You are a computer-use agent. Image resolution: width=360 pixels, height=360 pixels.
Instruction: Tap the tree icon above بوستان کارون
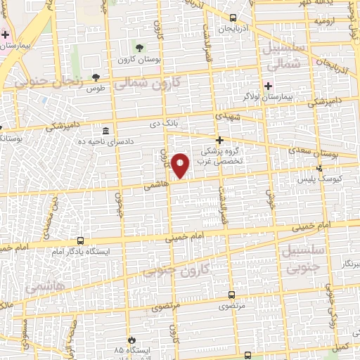click(x=139, y=48)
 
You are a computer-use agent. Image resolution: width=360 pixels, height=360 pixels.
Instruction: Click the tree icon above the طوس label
click(x=96, y=78)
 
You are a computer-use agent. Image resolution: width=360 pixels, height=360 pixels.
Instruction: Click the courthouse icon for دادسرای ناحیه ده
click(x=105, y=131)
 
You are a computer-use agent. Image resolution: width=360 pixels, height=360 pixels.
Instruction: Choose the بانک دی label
click(x=161, y=124)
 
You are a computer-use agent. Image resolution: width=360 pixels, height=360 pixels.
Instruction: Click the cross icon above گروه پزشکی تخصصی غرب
click(x=219, y=140)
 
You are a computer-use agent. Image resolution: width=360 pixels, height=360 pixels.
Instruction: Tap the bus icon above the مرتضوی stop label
click(x=232, y=296)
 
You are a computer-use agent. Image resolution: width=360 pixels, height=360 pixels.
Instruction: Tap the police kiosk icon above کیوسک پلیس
click(x=320, y=168)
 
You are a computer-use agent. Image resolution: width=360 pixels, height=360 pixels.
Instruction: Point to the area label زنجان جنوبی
click(x=41, y=82)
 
